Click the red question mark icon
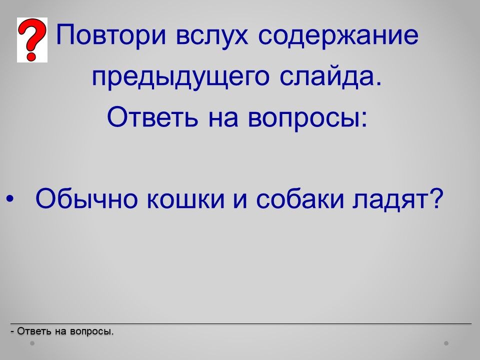pyautogui.click(x=32, y=40)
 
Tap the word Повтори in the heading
pyautogui.click(x=111, y=34)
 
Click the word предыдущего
pyautogui.click(x=180, y=77)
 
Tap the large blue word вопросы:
pyautogui.click(x=307, y=119)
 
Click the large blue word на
pyautogui.click(x=223, y=119)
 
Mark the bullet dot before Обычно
pyautogui.click(x=9, y=199)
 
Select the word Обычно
pyautogui.click(x=86, y=198)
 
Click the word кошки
pyautogui.click(x=186, y=200)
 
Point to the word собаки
pyautogui.click(x=299, y=198)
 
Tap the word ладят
pyautogui.click(x=388, y=200)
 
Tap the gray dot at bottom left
pyautogui.click(x=32, y=343)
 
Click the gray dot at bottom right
pyautogui.click(x=446, y=343)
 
